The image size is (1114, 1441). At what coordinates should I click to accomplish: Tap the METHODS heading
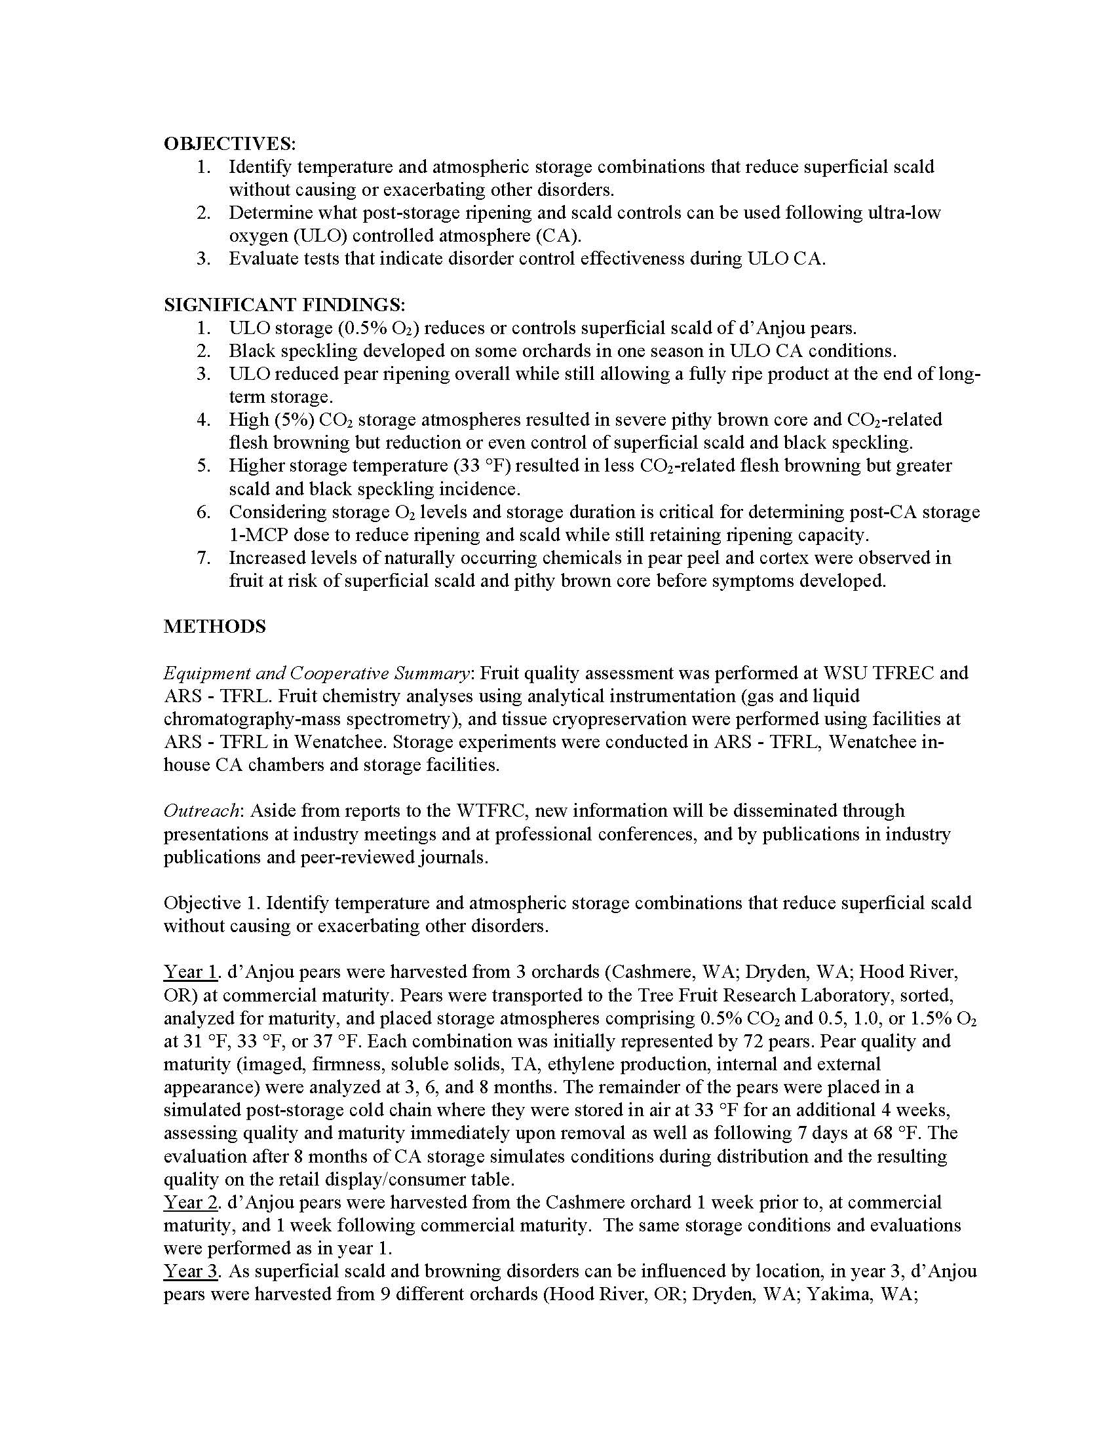[x=214, y=626]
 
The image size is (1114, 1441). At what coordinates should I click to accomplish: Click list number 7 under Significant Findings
[x=204, y=557]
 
